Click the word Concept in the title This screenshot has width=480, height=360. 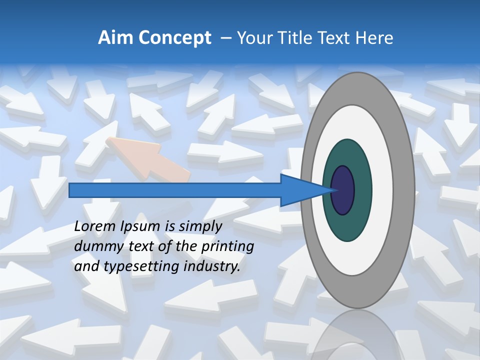pos(175,38)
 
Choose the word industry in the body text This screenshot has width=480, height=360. pos(212,267)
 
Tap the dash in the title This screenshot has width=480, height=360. pos(225,38)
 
